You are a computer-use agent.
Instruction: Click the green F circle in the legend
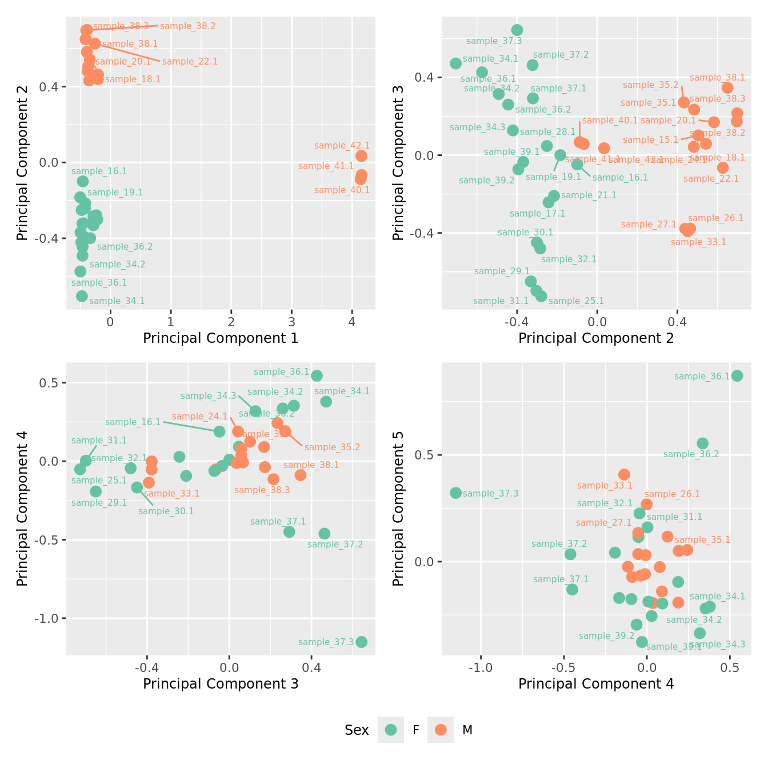[391, 730]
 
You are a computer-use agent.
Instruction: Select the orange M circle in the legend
[440, 730]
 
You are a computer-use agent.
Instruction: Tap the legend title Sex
[357, 730]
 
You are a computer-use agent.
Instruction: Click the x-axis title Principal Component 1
[221, 338]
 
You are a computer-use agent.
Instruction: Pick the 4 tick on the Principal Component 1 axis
[352, 321]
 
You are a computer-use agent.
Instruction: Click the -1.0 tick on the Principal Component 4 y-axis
[51, 618]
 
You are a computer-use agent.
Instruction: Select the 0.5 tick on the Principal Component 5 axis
[426, 455]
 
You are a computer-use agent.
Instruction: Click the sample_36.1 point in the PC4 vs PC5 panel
[737, 375]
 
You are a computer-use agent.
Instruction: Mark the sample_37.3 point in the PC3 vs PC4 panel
[361, 642]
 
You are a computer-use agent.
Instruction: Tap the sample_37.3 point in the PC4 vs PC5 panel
[455, 493]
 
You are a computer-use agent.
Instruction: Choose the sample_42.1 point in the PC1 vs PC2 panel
[361, 156]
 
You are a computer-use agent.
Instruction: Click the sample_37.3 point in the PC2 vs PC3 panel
[517, 30]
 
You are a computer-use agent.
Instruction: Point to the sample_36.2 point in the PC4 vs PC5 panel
[702, 443]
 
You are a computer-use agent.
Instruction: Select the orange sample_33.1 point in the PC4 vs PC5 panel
[624, 474]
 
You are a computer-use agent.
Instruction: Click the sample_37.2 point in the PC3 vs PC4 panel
[324, 533]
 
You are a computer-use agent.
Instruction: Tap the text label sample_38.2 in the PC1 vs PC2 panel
[187, 26]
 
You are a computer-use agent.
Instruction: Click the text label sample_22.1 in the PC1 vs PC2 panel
[190, 62]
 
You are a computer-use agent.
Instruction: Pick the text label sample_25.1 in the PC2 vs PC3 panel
[576, 301]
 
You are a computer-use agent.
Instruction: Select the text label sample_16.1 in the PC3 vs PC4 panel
[133, 422]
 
